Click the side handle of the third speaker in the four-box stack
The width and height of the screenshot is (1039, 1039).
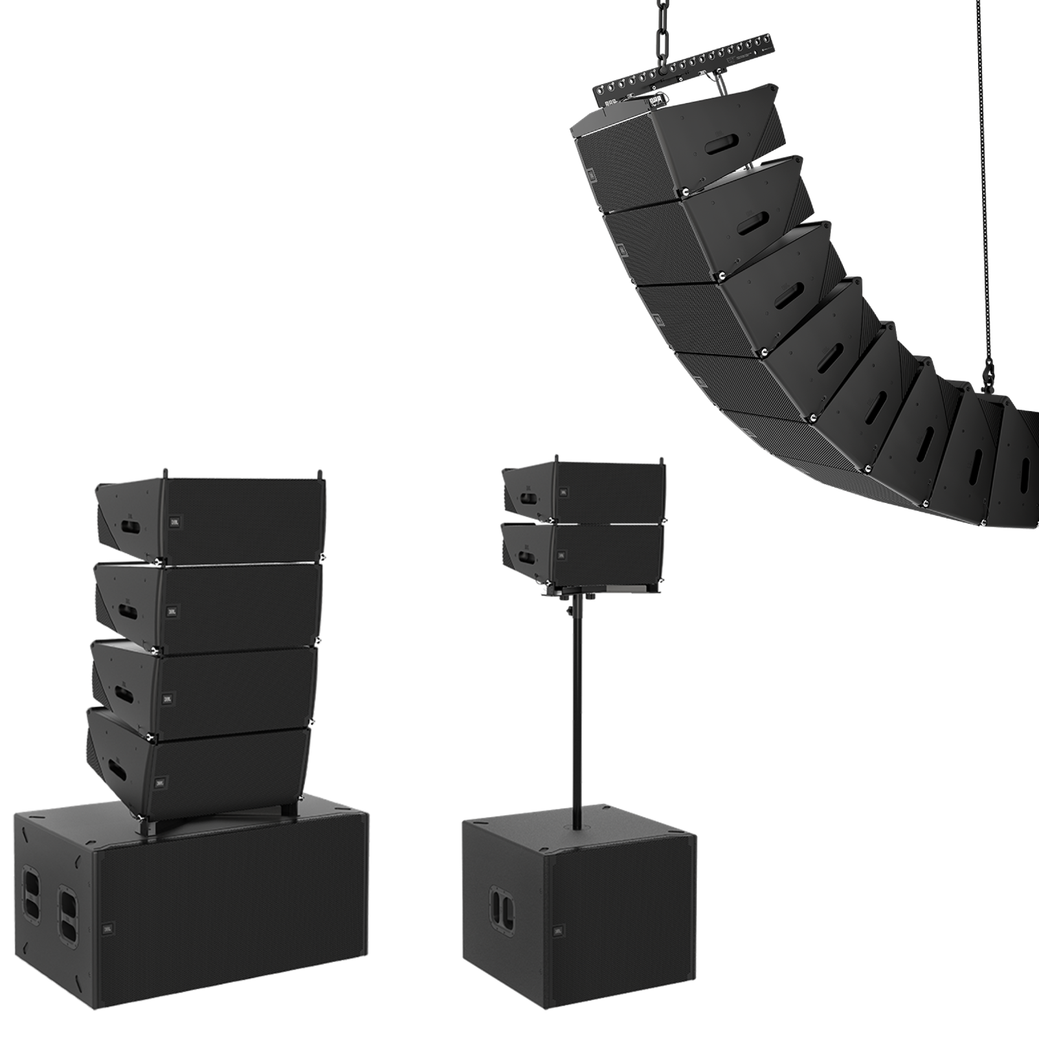(x=122, y=693)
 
